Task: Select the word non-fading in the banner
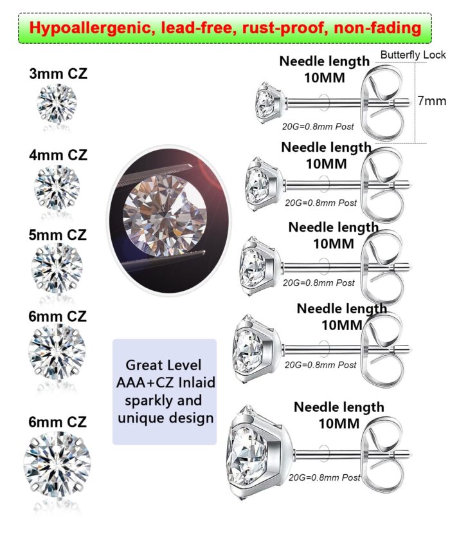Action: coord(378,28)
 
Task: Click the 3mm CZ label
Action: coord(58,74)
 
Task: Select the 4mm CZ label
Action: coord(58,155)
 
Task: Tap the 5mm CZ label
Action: coord(58,235)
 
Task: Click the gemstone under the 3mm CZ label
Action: coord(57,103)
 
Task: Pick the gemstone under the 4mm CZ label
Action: coord(57,187)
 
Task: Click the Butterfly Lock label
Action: coord(413,55)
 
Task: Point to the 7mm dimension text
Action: coord(431,101)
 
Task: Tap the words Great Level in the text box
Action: coord(163,365)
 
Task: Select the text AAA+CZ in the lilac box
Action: coord(146,383)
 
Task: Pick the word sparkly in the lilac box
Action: coord(146,400)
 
